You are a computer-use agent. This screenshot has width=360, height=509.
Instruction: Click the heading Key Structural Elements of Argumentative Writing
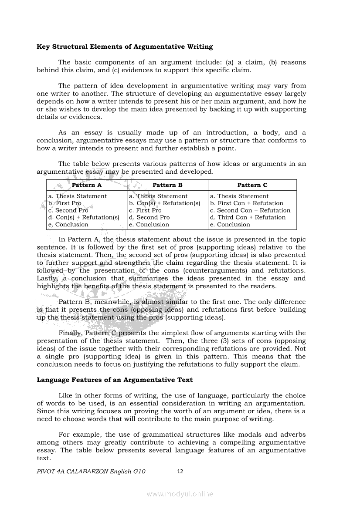pos(125,47)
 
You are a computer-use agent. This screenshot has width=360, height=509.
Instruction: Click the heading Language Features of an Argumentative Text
pos(115,380)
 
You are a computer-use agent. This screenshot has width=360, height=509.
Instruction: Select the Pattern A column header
pos(87,185)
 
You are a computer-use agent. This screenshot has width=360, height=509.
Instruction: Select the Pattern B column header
pos(168,185)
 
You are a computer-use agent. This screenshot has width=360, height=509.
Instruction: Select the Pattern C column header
pos(252,185)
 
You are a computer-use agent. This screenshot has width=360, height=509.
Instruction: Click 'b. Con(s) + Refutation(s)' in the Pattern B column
pos(165,203)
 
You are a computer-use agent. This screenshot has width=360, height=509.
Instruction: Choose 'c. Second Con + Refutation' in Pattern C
pos(250,210)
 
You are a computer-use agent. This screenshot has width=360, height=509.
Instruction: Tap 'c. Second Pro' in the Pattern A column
pos(68,210)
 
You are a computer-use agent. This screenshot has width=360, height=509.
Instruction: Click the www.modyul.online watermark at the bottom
pos(180,494)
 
